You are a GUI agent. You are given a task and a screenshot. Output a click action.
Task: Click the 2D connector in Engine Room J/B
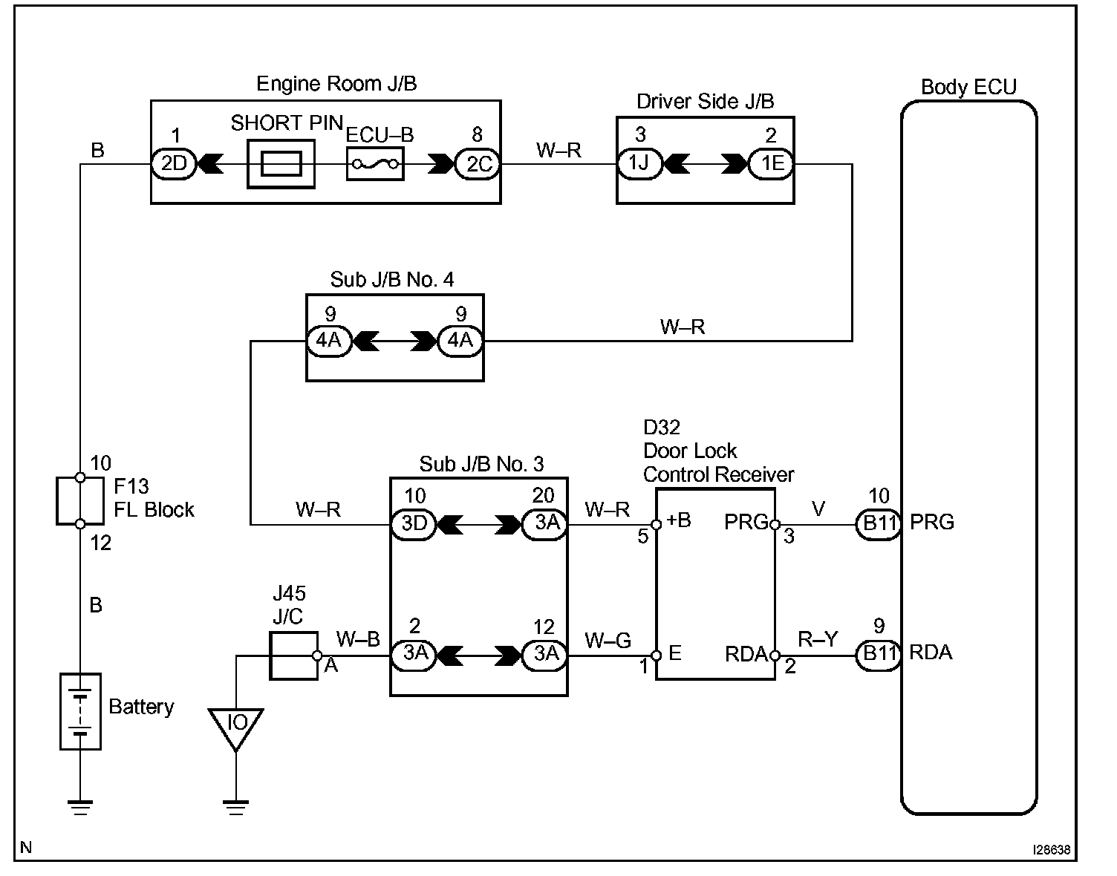point(174,164)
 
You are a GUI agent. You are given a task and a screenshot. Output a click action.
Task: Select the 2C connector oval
point(478,164)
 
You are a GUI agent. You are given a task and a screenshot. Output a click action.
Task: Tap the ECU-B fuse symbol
point(375,164)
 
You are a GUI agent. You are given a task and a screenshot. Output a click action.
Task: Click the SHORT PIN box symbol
point(281,164)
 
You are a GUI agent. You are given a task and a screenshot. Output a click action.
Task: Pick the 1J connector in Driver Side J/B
point(639,164)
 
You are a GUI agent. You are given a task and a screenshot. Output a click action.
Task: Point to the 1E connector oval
point(771,164)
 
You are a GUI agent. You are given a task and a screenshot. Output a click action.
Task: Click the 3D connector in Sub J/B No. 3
point(414,525)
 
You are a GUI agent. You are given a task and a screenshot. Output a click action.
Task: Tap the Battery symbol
point(80,711)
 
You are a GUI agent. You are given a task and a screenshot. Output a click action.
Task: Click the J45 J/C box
point(293,656)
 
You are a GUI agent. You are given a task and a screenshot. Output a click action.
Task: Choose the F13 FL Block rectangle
point(79,501)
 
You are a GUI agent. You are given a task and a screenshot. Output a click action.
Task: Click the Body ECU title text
point(968,87)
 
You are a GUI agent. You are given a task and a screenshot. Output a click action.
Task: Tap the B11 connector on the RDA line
point(879,655)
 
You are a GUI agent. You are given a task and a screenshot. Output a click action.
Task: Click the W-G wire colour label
point(608,641)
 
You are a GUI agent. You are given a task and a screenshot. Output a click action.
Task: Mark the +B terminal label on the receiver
point(679,520)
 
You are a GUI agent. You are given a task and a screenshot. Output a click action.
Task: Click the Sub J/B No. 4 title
point(391,279)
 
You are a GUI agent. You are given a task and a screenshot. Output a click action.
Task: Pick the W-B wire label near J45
point(358,640)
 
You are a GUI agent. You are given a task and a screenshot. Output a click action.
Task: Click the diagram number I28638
point(1052,850)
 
